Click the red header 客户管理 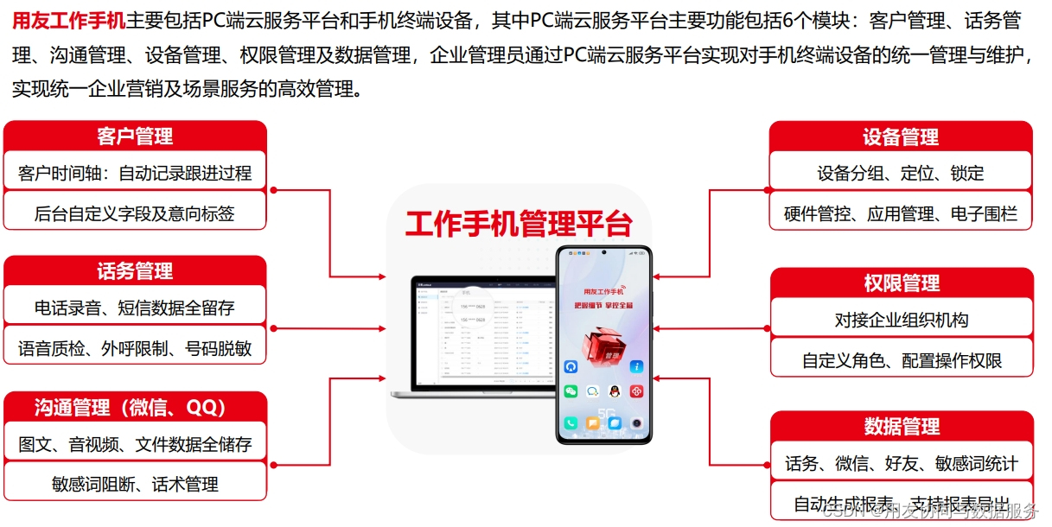point(135,137)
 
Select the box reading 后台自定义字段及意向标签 point(135,213)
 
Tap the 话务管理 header point(135,271)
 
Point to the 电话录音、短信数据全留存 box point(135,308)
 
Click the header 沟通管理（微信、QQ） point(135,407)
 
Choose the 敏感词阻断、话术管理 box point(135,484)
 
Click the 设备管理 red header point(901,137)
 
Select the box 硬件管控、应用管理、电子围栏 point(901,213)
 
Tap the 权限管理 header point(902,283)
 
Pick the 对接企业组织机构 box point(902,321)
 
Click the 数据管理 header point(902,427)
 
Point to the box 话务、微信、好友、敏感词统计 point(902,464)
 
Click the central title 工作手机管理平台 point(519,223)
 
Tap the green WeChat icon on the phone point(571,391)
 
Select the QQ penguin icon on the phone point(615,391)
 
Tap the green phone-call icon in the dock point(571,423)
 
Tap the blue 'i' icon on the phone point(637,367)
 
